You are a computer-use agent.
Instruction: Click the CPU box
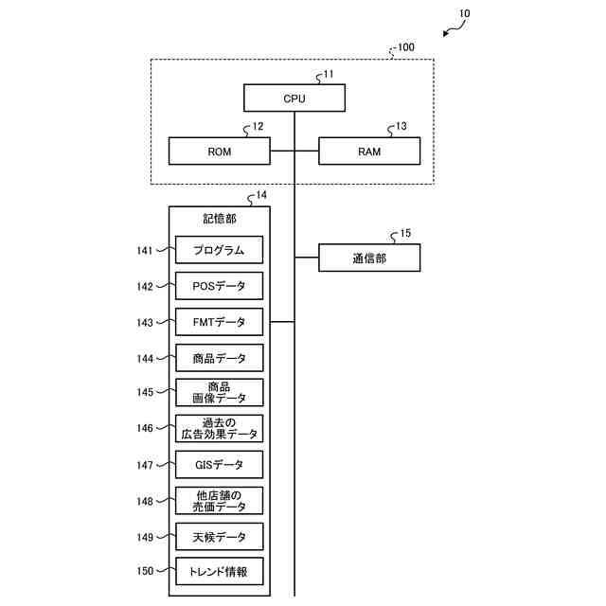tap(294, 98)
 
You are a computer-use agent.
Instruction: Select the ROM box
tap(219, 151)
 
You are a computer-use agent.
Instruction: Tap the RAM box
tap(369, 151)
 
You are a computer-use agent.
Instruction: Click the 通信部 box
tap(369, 258)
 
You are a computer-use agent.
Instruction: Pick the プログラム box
tap(219, 250)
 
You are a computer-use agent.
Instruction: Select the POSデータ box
tap(219, 286)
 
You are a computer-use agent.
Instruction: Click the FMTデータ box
tap(219, 322)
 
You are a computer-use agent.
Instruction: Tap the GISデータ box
tap(219, 465)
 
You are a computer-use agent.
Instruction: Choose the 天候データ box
tap(219, 537)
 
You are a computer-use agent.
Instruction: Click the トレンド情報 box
tap(219, 571)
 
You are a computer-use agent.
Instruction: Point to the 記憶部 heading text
tap(219, 219)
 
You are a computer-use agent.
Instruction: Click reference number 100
tap(406, 47)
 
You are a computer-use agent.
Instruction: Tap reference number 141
tap(145, 250)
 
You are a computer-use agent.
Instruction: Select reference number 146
tap(145, 428)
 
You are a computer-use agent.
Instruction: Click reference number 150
tap(145, 571)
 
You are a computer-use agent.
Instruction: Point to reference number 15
tap(405, 233)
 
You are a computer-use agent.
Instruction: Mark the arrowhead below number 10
tap(446, 34)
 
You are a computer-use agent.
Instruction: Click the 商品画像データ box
tap(219, 393)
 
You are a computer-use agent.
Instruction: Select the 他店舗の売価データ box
tap(219, 501)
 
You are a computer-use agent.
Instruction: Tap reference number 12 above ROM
tap(258, 126)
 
